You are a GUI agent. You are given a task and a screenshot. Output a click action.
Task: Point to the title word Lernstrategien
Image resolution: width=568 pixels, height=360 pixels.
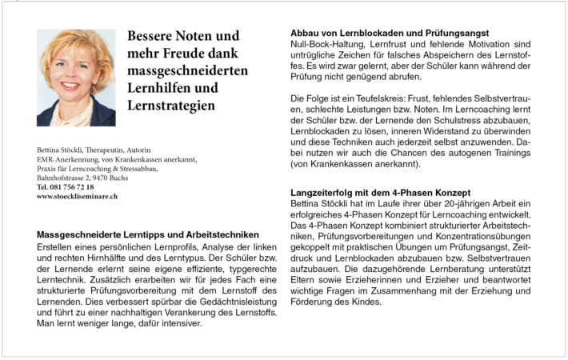tap(170, 106)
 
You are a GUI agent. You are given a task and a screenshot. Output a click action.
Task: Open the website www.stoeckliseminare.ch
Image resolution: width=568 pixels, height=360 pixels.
tap(77, 196)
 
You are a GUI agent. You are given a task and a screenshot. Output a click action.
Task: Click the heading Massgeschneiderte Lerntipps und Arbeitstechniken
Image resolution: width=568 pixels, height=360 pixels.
tap(148, 234)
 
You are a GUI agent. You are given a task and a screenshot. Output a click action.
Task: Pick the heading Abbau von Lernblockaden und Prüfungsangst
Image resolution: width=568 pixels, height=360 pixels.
tap(390, 33)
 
